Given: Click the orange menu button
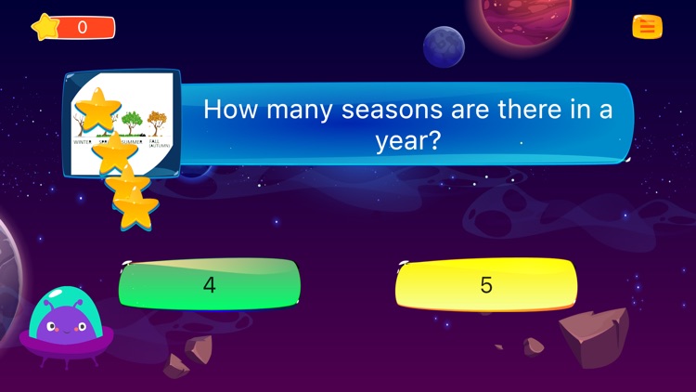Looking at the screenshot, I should point(647,28).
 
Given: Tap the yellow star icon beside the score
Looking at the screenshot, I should point(45,27).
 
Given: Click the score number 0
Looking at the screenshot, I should point(82,28).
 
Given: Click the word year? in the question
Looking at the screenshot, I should point(407,141).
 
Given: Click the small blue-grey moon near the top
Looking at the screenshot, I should point(444,46).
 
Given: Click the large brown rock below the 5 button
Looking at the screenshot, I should point(594,336).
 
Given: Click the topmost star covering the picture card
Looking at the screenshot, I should point(98,109).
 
